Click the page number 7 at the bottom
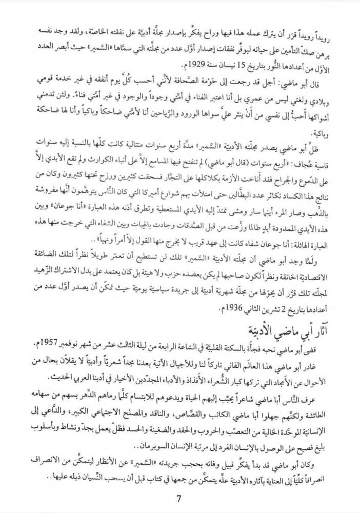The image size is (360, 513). tap(178, 499)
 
